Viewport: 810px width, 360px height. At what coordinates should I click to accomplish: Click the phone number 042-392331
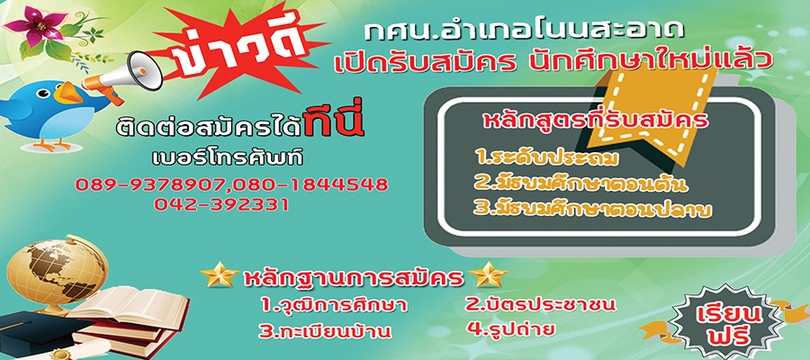click(221, 204)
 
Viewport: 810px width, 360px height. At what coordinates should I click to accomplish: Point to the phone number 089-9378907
click(152, 184)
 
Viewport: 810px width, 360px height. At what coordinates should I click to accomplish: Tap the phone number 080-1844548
click(310, 184)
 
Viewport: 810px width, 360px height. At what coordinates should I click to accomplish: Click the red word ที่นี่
click(335, 123)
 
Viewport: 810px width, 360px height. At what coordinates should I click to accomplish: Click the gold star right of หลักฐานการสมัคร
click(488, 275)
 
